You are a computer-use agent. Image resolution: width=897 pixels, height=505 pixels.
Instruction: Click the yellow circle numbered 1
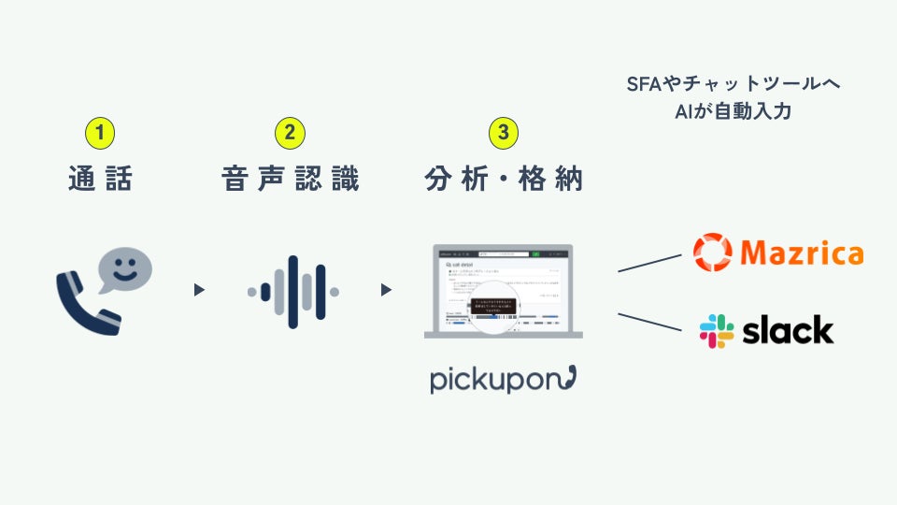tap(100, 133)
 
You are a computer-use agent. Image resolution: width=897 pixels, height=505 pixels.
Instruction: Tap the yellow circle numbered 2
tap(290, 133)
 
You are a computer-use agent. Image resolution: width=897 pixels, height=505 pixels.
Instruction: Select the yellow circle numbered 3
tap(504, 133)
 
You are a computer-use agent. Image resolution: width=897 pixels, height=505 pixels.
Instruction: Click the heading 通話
tap(100, 178)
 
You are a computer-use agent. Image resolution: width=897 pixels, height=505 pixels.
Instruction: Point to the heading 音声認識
tap(290, 178)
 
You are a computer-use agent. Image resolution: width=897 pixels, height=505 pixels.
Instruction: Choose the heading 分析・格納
tap(504, 178)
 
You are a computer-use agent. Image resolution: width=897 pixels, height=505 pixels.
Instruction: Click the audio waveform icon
tap(292, 292)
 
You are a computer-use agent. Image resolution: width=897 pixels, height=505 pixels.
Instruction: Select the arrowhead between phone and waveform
tap(198, 290)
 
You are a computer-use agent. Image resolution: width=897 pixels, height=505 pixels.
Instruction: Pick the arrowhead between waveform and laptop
tap(386, 290)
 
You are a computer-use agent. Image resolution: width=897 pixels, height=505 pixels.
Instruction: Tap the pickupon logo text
tap(503, 379)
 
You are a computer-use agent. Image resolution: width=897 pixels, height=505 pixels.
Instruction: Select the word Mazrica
tap(801, 253)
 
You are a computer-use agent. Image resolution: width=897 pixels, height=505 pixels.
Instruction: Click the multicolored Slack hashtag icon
tap(717, 330)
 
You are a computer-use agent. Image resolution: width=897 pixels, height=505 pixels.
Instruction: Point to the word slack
tap(788, 329)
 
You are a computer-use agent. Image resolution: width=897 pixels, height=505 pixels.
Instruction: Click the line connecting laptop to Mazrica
tap(650, 262)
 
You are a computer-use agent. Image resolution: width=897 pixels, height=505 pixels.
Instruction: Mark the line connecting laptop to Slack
tap(650, 321)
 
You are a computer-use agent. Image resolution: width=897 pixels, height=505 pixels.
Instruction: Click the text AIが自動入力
tap(733, 110)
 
